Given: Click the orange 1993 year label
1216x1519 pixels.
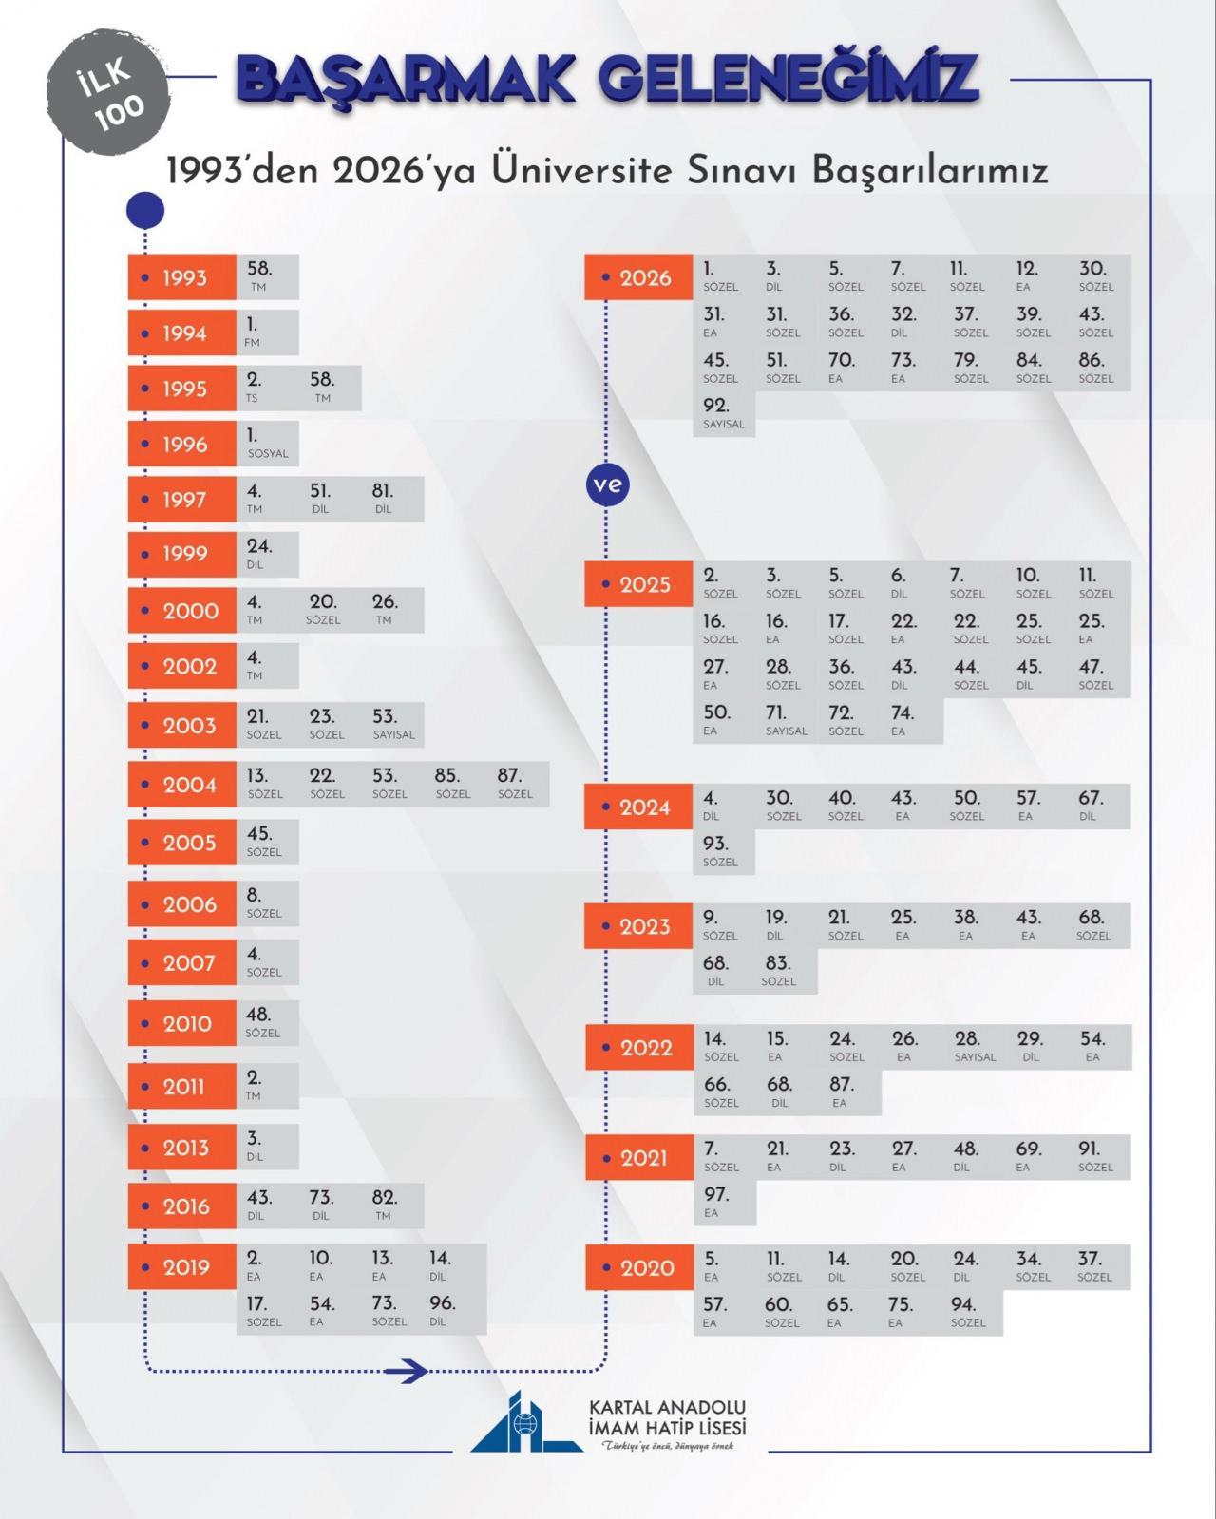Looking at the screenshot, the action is (181, 276).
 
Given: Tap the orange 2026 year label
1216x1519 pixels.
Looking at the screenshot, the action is (638, 276).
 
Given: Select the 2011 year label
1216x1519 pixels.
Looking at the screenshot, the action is (181, 1086).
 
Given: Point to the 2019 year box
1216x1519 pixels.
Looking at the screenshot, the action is (181, 1266).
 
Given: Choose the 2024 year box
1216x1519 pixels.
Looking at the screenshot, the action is (638, 807).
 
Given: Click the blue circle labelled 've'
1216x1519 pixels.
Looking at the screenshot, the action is (607, 484).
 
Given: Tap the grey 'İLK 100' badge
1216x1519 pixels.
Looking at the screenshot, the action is (108, 92).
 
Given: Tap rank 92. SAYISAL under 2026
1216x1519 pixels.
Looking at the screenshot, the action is (723, 413).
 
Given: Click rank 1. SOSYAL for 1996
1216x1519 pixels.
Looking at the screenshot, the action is (268, 444).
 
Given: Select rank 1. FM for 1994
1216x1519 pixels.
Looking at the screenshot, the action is (253, 332).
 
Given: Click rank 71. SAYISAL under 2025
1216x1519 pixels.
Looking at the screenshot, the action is (786, 721).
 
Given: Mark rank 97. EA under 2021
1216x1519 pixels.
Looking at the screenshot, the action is (715, 1202).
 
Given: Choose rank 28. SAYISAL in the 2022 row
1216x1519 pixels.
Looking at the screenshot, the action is (975, 1047).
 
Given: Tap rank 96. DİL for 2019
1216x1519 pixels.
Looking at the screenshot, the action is (442, 1311).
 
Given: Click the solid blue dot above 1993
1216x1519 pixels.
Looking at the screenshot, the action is (145, 210).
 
